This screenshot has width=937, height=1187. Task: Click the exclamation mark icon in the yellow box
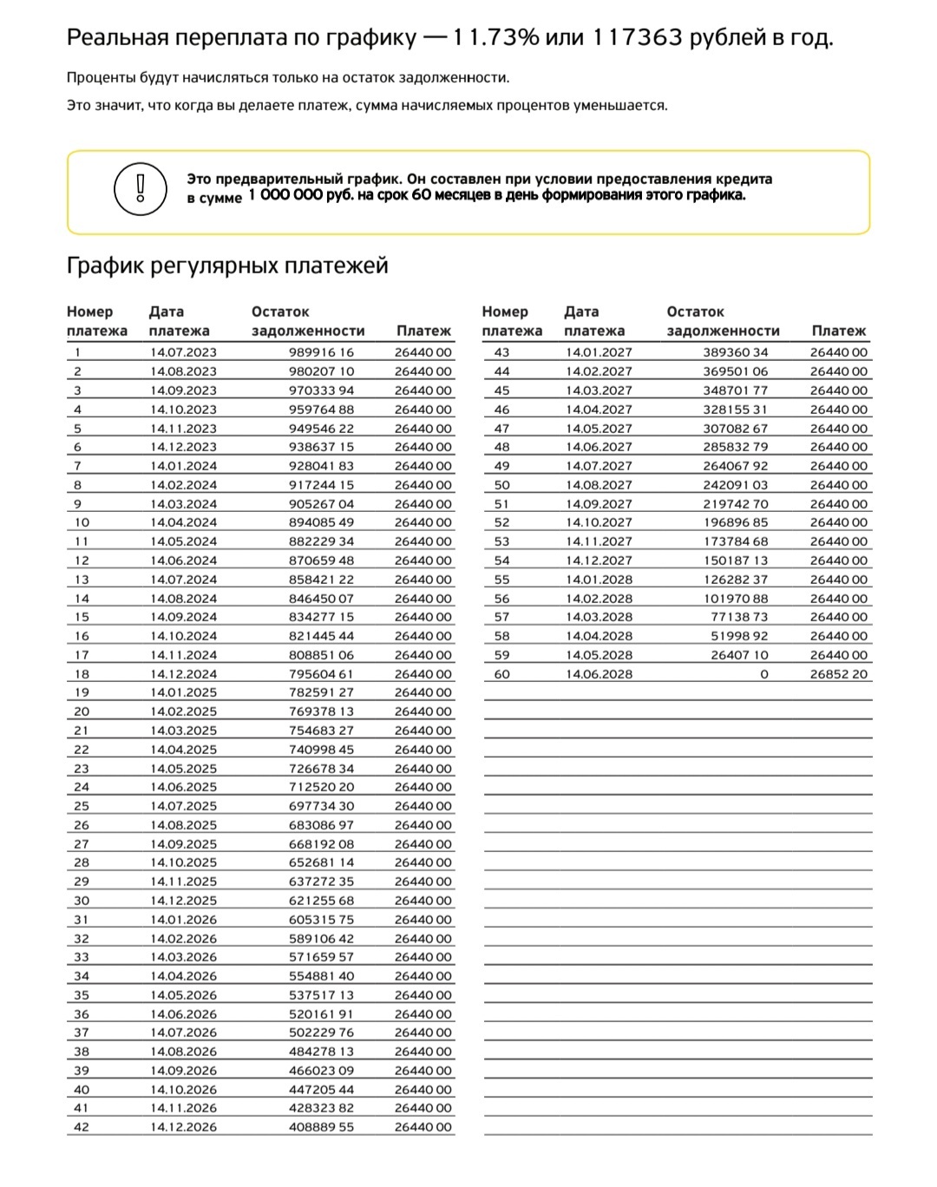click(x=140, y=188)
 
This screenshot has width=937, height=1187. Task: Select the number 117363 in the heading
click(x=638, y=37)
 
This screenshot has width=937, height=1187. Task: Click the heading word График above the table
click(x=105, y=266)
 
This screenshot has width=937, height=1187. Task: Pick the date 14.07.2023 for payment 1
click(x=183, y=352)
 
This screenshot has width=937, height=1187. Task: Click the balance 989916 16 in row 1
click(x=321, y=352)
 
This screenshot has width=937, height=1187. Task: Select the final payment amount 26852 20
click(x=838, y=674)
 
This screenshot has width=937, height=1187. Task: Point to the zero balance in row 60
click(x=763, y=674)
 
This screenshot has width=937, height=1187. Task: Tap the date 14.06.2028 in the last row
click(x=599, y=674)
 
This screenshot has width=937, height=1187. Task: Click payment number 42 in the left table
click(x=82, y=1127)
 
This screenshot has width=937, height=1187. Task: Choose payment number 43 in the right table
click(x=501, y=352)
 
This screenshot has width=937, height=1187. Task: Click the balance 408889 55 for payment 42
click(x=321, y=1127)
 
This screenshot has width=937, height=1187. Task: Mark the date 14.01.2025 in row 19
click(x=183, y=692)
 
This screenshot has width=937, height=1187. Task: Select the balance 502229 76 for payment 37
click(x=321, y=1033)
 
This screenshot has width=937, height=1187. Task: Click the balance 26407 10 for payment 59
click(x=739, y=655)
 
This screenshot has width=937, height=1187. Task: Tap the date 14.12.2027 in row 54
click(x=599, y=561)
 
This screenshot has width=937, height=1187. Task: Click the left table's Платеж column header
click(x=423, y=331)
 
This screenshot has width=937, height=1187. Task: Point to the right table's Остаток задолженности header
click(x=723, y=321)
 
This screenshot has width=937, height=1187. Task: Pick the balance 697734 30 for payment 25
click(x=321, y=806)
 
